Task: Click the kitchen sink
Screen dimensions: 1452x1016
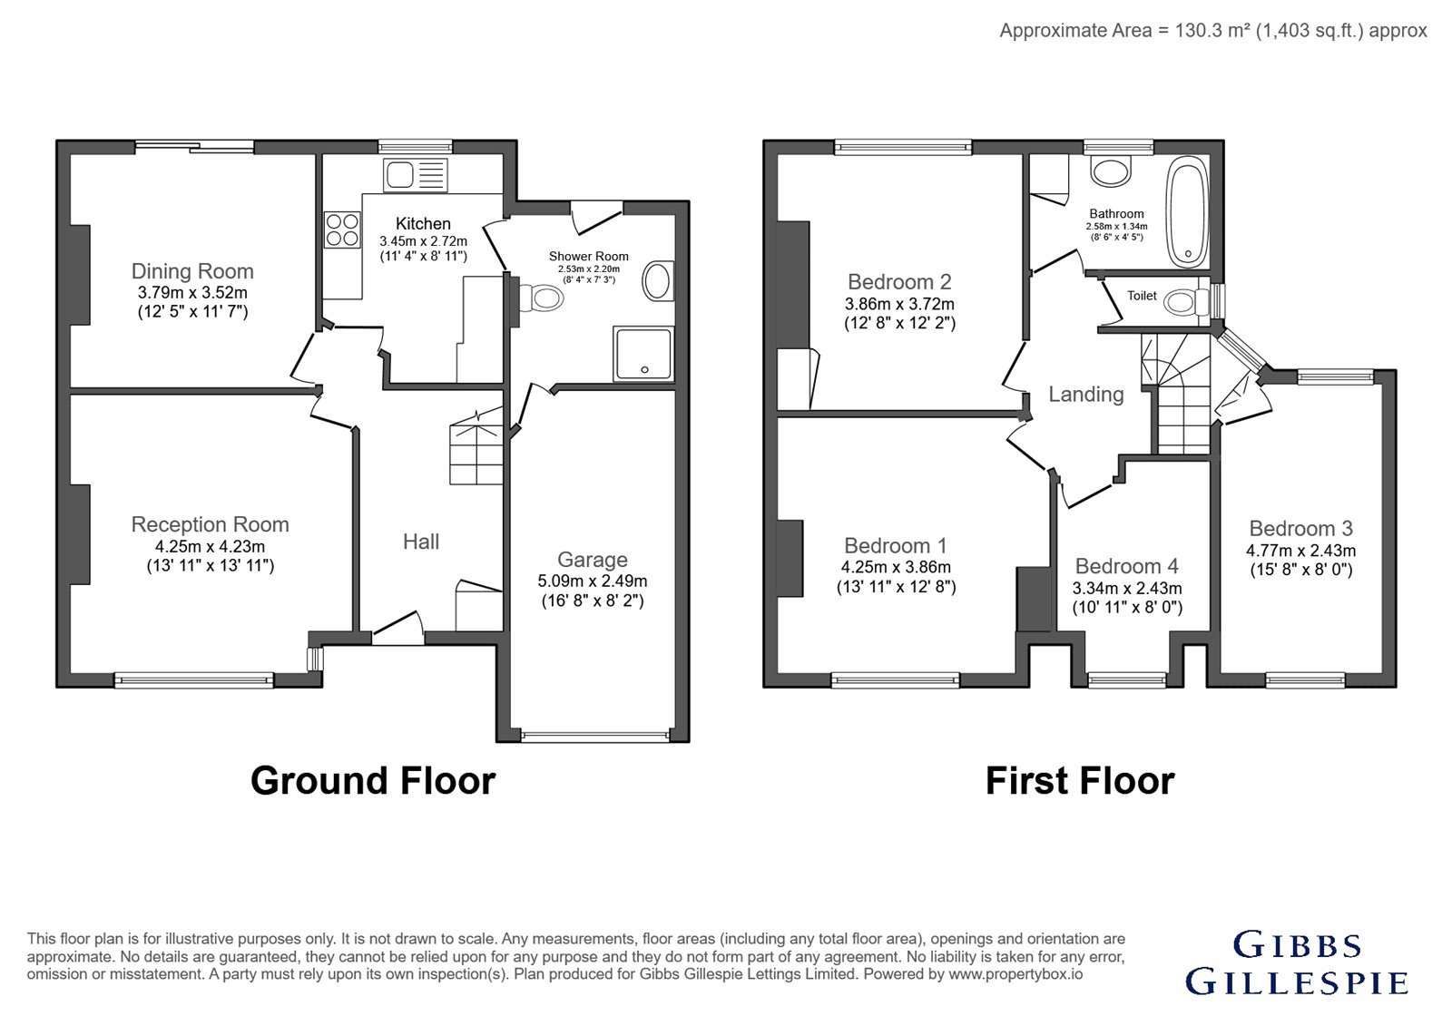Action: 416,175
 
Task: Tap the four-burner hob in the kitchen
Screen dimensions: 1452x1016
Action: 342,230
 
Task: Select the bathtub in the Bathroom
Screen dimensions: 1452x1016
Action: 1187,211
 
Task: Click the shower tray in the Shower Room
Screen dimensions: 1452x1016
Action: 643,353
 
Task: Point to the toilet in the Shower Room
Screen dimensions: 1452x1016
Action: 541,298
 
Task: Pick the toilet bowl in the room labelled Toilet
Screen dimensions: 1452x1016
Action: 1186,302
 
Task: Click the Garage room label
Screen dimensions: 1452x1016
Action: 593,559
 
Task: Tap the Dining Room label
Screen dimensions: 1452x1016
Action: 192,271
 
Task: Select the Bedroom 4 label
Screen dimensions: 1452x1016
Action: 1126,566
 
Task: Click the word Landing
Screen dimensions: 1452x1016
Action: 1086,394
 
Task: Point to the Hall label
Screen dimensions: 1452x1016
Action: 421,542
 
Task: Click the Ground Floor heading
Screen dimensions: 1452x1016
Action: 373,780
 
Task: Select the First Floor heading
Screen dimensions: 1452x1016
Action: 1080,780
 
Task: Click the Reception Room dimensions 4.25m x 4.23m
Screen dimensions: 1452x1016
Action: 210,546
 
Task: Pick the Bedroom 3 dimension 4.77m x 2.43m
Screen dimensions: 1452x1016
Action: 1301,551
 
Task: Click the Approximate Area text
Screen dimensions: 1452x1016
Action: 1212,31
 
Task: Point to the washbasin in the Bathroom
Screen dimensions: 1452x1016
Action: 1111,171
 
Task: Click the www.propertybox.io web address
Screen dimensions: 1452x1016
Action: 1015,974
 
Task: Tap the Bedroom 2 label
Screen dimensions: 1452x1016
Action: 899,282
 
